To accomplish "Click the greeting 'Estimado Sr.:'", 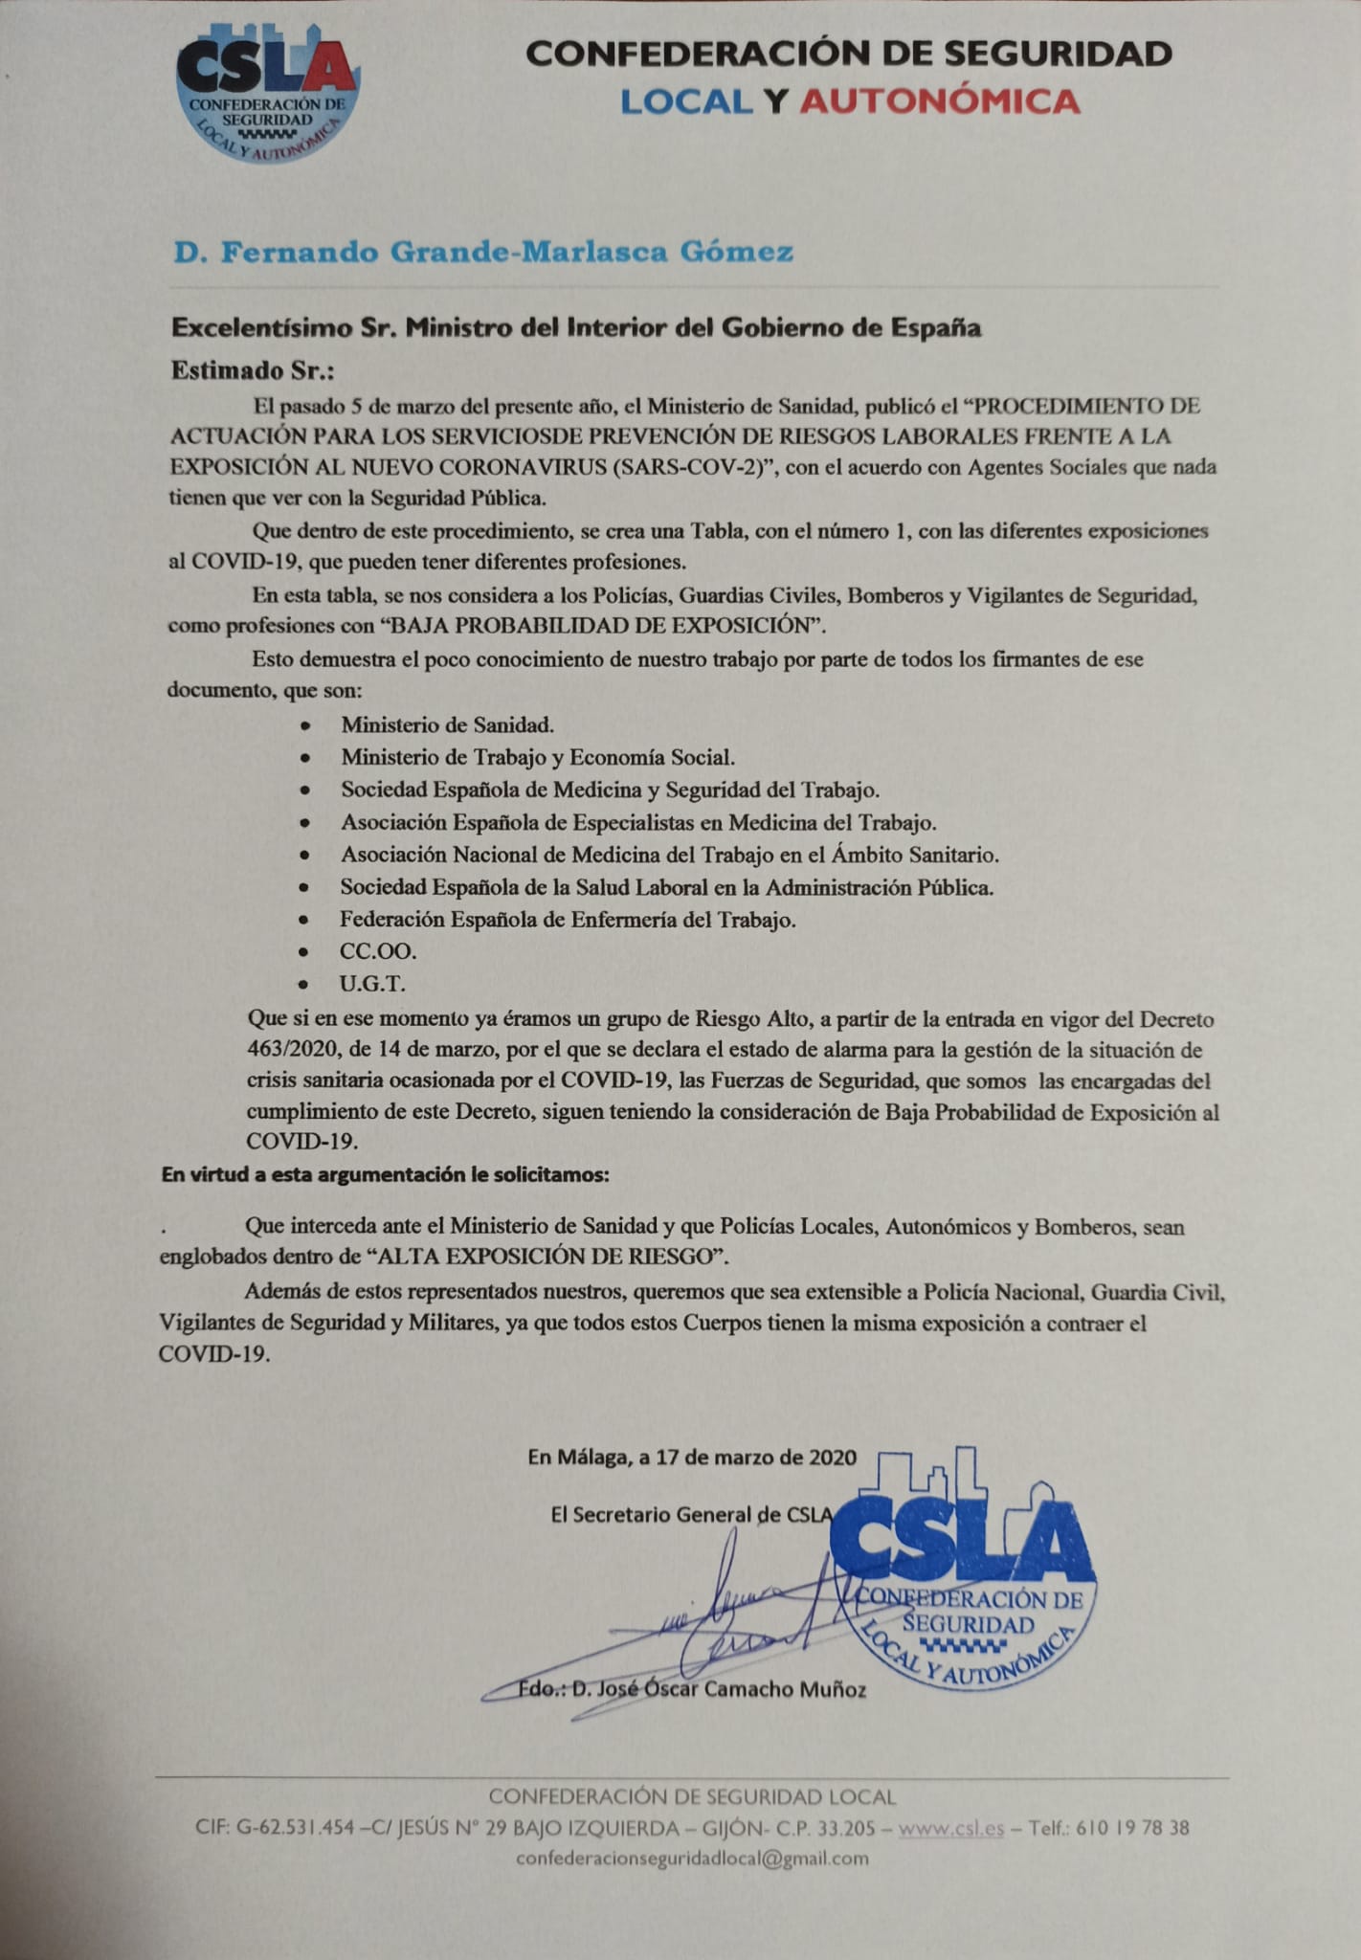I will [x=252, y=370].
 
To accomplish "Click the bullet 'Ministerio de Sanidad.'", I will [x=448, y=724].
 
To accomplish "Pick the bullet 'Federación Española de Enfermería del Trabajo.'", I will [x=568, y=920].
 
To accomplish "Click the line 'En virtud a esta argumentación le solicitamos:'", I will [x=385, y=1175].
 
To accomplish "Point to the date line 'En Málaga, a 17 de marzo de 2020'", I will [x=692, y=1458].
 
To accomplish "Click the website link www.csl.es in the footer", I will [x=951, y=1827].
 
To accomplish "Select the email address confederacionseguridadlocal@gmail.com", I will [x=692, y=1859].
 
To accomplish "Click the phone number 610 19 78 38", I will [x=1132, y=1827].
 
